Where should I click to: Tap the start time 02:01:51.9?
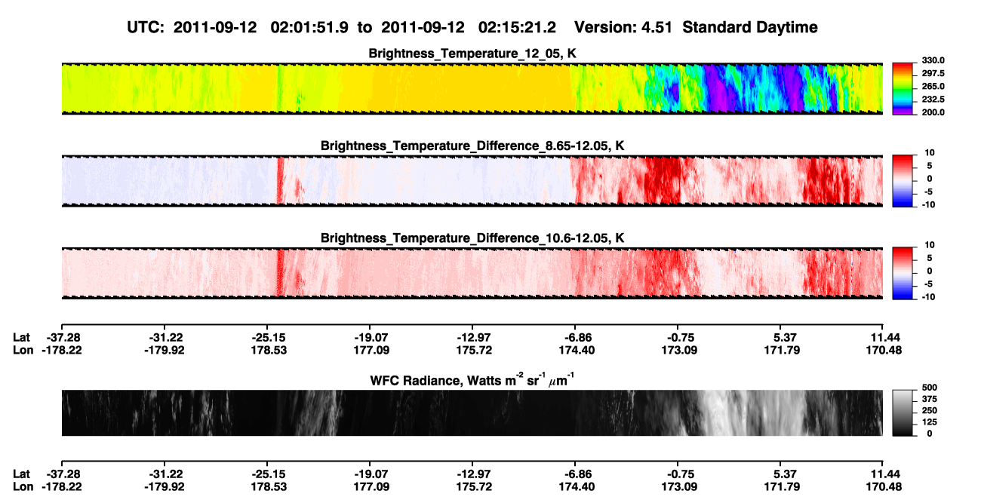coord(309,27)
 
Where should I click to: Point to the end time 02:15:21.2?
coord(517,27)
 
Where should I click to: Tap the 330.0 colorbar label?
coord(933,60)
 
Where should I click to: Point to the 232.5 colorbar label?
coord(933,100)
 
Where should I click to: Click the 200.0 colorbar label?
coord(933,112)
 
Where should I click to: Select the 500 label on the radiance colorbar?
coord(930,388)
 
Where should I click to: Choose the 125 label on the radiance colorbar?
coord(930,422)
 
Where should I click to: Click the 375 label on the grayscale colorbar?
coord(930,399)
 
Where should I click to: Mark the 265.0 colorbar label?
coord(933,86)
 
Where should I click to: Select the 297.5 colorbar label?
coord(933,73)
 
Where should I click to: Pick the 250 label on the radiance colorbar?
coord(930,411)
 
